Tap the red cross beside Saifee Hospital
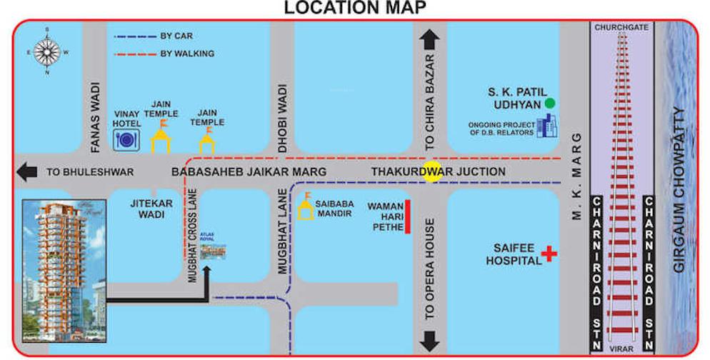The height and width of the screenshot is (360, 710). tap(549, 253)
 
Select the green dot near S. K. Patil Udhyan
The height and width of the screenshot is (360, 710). tap(549, 103)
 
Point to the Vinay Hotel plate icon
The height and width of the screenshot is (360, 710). tap(126, 139)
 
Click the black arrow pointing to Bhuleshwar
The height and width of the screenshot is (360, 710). tap(29, 172)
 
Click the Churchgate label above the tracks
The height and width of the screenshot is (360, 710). tap(621, 27)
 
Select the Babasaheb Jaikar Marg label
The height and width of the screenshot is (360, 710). tap(249, 172)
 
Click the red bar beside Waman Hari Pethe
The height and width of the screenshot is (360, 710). tap(408, 217)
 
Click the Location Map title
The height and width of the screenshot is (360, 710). tap(355, 8)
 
